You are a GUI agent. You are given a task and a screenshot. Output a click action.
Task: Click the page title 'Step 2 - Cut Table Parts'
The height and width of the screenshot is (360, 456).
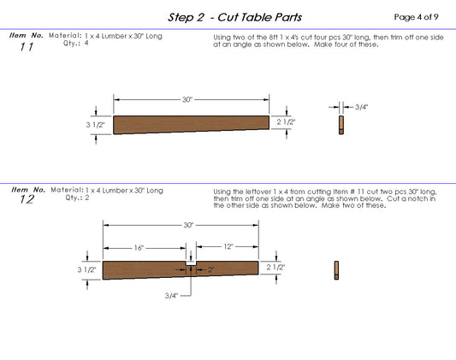(234, 17)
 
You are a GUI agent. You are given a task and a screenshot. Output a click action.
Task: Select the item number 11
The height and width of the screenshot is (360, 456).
(27, 48)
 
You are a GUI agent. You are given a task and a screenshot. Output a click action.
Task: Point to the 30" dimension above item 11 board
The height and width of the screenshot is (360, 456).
(187, 100)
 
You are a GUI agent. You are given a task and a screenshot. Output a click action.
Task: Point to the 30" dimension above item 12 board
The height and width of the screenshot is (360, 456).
(187, 225)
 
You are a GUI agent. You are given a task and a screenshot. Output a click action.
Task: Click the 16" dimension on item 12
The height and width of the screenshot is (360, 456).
(139, 246)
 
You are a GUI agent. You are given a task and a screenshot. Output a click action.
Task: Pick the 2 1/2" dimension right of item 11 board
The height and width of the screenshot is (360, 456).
(286, 122)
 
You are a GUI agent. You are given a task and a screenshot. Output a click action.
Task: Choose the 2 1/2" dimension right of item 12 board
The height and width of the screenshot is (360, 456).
(275, 267)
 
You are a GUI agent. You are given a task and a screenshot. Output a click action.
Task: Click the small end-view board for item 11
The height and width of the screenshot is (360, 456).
(341, 125)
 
